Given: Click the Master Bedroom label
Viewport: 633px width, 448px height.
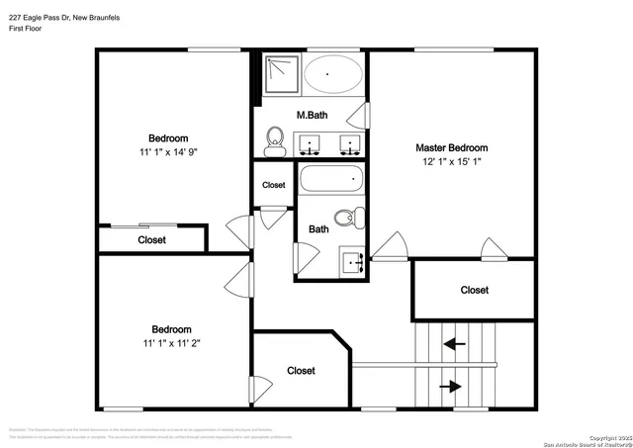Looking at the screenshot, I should click(451, 147).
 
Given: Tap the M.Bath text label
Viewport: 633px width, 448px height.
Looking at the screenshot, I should click(313, 116).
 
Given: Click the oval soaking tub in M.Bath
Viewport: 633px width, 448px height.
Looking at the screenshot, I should click(332, 73).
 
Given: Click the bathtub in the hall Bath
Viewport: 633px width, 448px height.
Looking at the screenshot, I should click(332, 180).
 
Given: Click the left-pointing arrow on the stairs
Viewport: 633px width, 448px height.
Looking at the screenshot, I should click(455, 344).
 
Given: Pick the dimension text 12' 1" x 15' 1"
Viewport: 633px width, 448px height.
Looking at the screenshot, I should click(451, 162).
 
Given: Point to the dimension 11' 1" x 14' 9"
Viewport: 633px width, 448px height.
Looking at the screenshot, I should click(168, 152).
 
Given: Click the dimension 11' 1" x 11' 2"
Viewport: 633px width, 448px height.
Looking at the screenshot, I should click(170, 343).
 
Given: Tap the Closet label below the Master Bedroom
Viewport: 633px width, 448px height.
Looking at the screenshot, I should click(474, 290).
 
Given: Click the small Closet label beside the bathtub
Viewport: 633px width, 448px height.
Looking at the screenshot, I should click(273, 185).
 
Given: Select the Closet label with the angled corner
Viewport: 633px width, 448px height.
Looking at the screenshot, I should click(301, 371).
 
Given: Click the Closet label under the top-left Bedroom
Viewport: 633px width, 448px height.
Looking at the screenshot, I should click(151, 239).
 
